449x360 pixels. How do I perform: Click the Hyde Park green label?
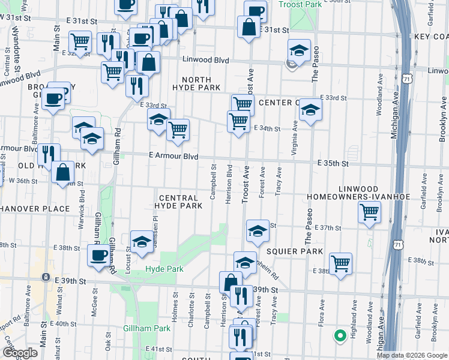(164, 269)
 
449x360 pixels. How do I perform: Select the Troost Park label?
(300, 5)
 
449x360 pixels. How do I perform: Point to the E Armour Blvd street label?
(173, 156)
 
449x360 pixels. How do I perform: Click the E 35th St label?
(334, 163)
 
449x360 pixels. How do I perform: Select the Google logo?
(20, 353)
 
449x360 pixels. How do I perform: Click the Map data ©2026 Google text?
(411, 355)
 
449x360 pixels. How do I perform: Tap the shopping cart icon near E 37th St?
(369, 212)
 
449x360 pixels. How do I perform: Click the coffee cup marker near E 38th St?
(99, 255)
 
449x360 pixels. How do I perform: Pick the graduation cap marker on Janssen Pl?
(141, 241)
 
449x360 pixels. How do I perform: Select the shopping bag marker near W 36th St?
(63, 172)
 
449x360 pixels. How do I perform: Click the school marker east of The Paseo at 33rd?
(310, 110)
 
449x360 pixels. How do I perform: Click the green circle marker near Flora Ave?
(340, 335)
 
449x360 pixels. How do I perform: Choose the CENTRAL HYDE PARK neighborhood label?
(178, 202)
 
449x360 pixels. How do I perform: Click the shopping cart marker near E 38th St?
(340, 263)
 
